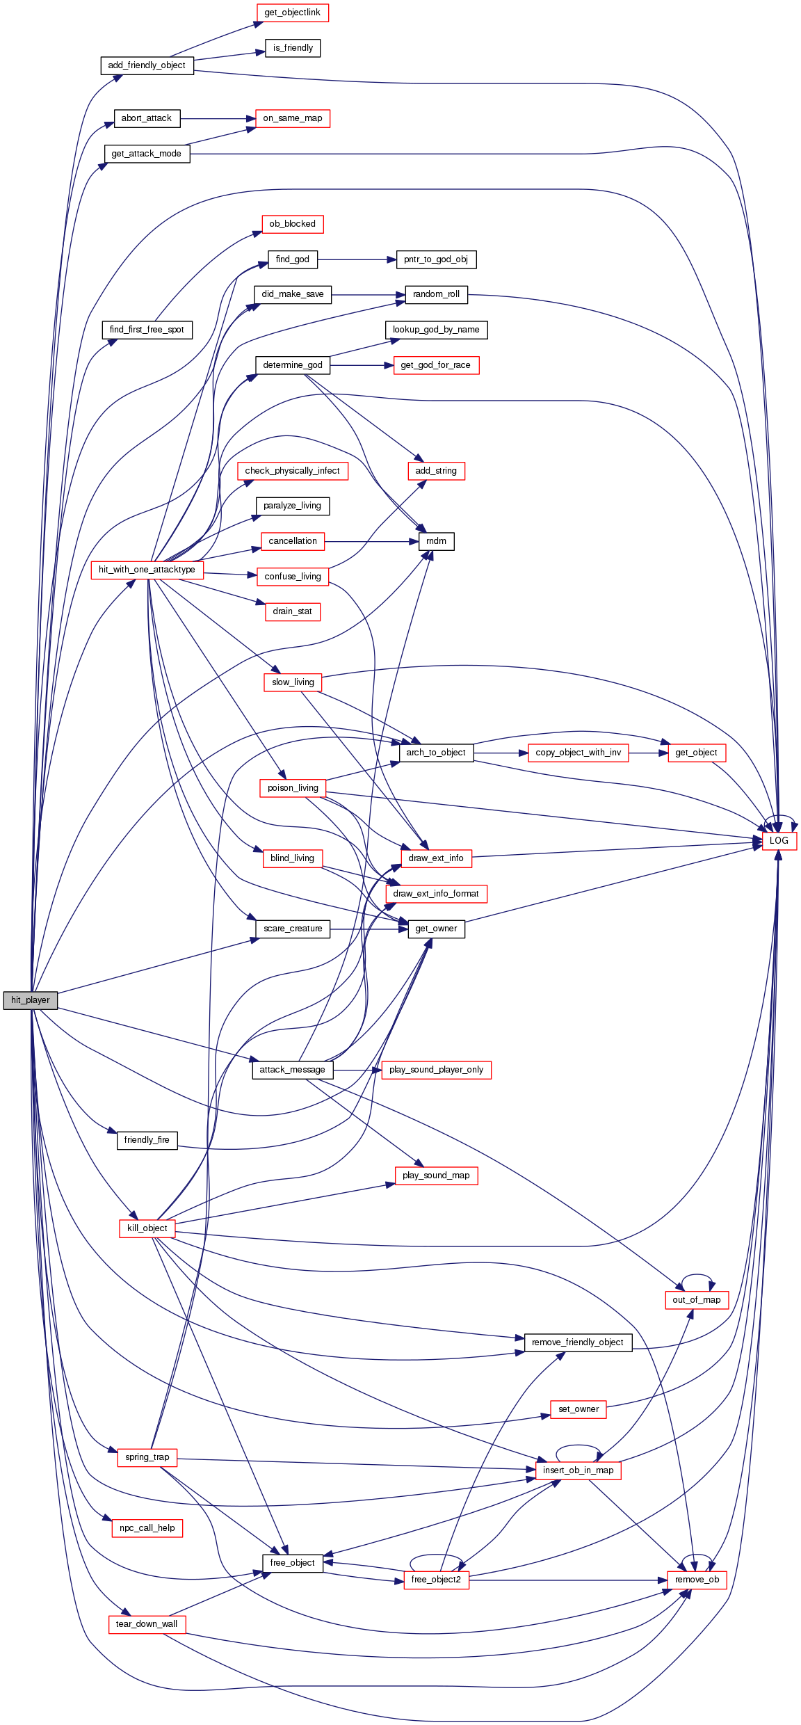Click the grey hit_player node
(30, 1000)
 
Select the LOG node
(779, 840)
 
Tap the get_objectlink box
(292, 13)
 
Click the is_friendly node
(293, 48)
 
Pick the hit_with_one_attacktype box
(147, 570)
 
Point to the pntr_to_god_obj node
(436, 259)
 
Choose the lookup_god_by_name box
(436, 330)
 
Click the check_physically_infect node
(292, 471)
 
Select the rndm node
(437, 541)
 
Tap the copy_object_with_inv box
(578, 753)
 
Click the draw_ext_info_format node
(436, 894)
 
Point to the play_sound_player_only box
(436, 1070)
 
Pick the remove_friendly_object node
(578, 1342)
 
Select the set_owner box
(578, 1409)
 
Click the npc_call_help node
(147, 1528)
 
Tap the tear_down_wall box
(147, 1624)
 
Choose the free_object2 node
(436, 1580)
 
